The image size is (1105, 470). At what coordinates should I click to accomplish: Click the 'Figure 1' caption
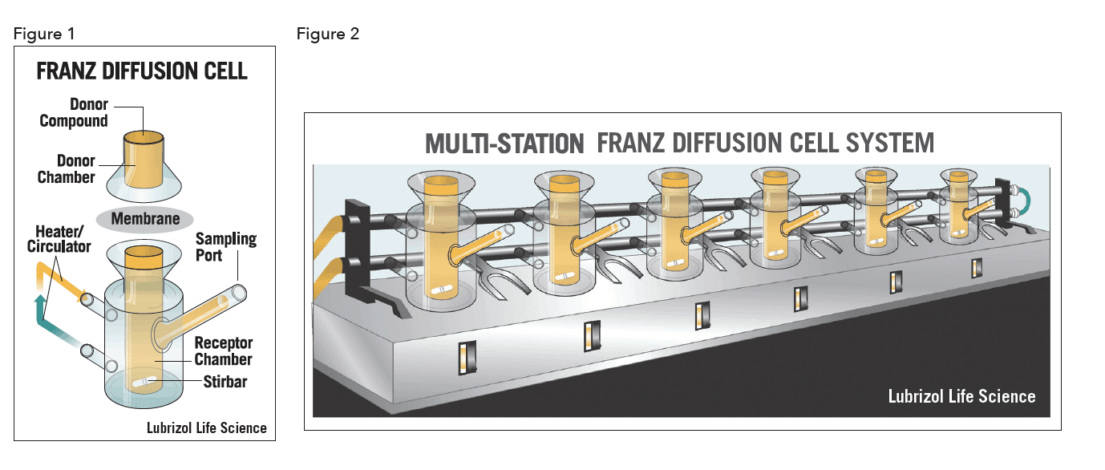(44, 34)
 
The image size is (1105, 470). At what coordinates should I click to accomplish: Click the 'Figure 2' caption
(327, 34)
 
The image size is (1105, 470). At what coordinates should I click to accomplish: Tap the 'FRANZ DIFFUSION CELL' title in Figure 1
(142, 71)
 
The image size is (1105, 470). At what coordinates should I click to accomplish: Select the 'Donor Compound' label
(74, 112)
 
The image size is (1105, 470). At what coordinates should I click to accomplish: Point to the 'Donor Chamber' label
(67, 168)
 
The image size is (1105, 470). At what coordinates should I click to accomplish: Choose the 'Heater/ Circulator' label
(59, 239)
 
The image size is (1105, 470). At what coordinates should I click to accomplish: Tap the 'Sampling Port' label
(226, 247)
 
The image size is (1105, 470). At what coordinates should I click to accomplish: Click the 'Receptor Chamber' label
(223, 350)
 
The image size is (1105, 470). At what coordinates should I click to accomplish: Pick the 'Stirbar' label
(225, 382)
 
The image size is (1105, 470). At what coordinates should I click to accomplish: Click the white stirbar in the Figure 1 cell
(144, 383)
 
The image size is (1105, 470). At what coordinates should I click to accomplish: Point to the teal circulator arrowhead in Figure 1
(40, 300)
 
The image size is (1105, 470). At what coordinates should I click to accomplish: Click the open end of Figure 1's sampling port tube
(239, 293)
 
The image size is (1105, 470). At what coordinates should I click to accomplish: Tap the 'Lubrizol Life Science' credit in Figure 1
(207, 427)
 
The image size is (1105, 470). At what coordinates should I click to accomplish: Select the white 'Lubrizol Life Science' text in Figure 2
(961, 396)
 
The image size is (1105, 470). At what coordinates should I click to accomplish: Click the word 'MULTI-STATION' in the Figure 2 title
(504, 144)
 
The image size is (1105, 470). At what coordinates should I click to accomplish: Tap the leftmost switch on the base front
(467, 358)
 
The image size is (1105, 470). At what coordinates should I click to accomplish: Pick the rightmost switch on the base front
(977, 268)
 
